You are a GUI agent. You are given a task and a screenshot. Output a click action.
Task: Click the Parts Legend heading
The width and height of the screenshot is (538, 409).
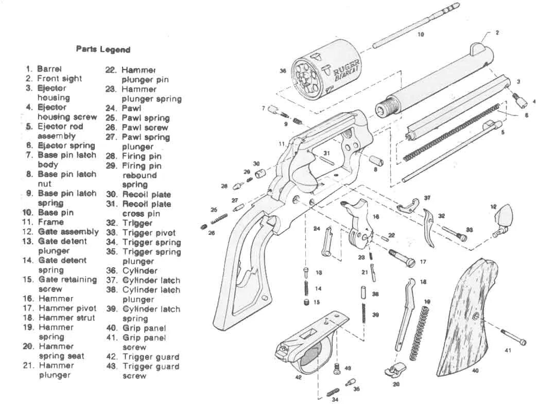[103, 50]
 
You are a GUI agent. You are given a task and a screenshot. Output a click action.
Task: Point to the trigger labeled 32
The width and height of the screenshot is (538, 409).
[429, 227]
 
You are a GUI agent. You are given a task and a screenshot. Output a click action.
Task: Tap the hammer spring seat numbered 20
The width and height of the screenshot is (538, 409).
[393, 370]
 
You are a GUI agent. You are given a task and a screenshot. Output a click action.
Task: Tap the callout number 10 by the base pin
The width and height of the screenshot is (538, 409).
[421, 35]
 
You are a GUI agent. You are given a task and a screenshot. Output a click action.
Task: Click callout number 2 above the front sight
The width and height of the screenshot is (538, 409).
[497, 32]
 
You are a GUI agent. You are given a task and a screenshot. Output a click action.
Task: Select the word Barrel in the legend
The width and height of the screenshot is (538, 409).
[49, 69]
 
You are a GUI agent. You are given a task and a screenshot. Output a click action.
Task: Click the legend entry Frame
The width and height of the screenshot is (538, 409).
[51, 222]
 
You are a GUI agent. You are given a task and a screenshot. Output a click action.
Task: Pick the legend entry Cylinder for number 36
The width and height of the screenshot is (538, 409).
[140, 270]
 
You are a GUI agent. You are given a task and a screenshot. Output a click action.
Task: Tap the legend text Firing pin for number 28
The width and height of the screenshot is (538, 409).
[142, 156]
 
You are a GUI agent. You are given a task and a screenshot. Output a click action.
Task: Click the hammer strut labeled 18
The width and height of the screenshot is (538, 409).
[405, 314]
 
